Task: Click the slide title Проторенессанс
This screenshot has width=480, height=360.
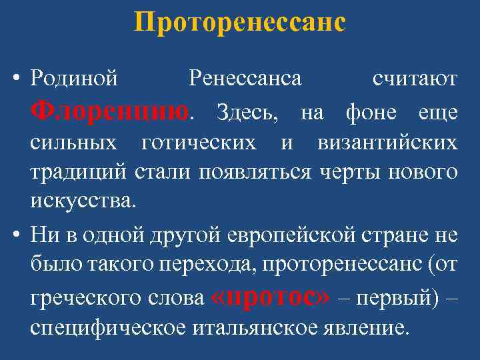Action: click(240, 23)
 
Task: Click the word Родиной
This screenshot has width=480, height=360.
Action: click(75, 79)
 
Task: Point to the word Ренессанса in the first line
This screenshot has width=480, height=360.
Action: click(245, 79)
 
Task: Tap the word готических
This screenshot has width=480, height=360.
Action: click(199, 143)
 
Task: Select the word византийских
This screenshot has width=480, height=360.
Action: click(387, 143)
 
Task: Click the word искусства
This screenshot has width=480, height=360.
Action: click(82, 200)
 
